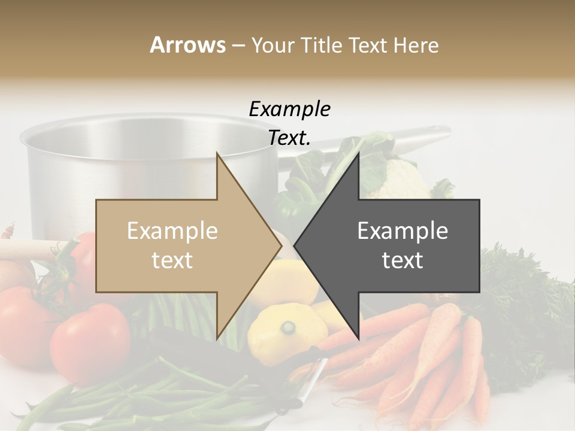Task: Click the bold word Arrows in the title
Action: (x=187, y=45)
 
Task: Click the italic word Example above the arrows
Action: (x=289, y=110)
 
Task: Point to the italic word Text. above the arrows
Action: (x=289, y=138)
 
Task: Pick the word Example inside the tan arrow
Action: (x=172, y=231)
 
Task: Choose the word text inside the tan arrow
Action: (x=172, y=260)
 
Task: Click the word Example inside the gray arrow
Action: (x=402, y=231)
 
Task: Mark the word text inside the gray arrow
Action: (x=402, y=260)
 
